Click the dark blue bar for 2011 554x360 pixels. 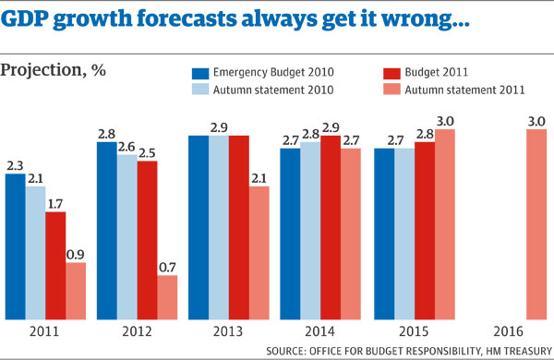pos(16,245)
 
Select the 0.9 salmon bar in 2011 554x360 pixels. pos(76,290)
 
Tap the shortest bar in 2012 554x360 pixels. pos(167,296)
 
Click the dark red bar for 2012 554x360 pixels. pos(147,239)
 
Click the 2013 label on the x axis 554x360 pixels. pos(229,330)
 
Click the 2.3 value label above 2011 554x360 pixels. pos(16,165)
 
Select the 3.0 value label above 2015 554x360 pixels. pos(443,121)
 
